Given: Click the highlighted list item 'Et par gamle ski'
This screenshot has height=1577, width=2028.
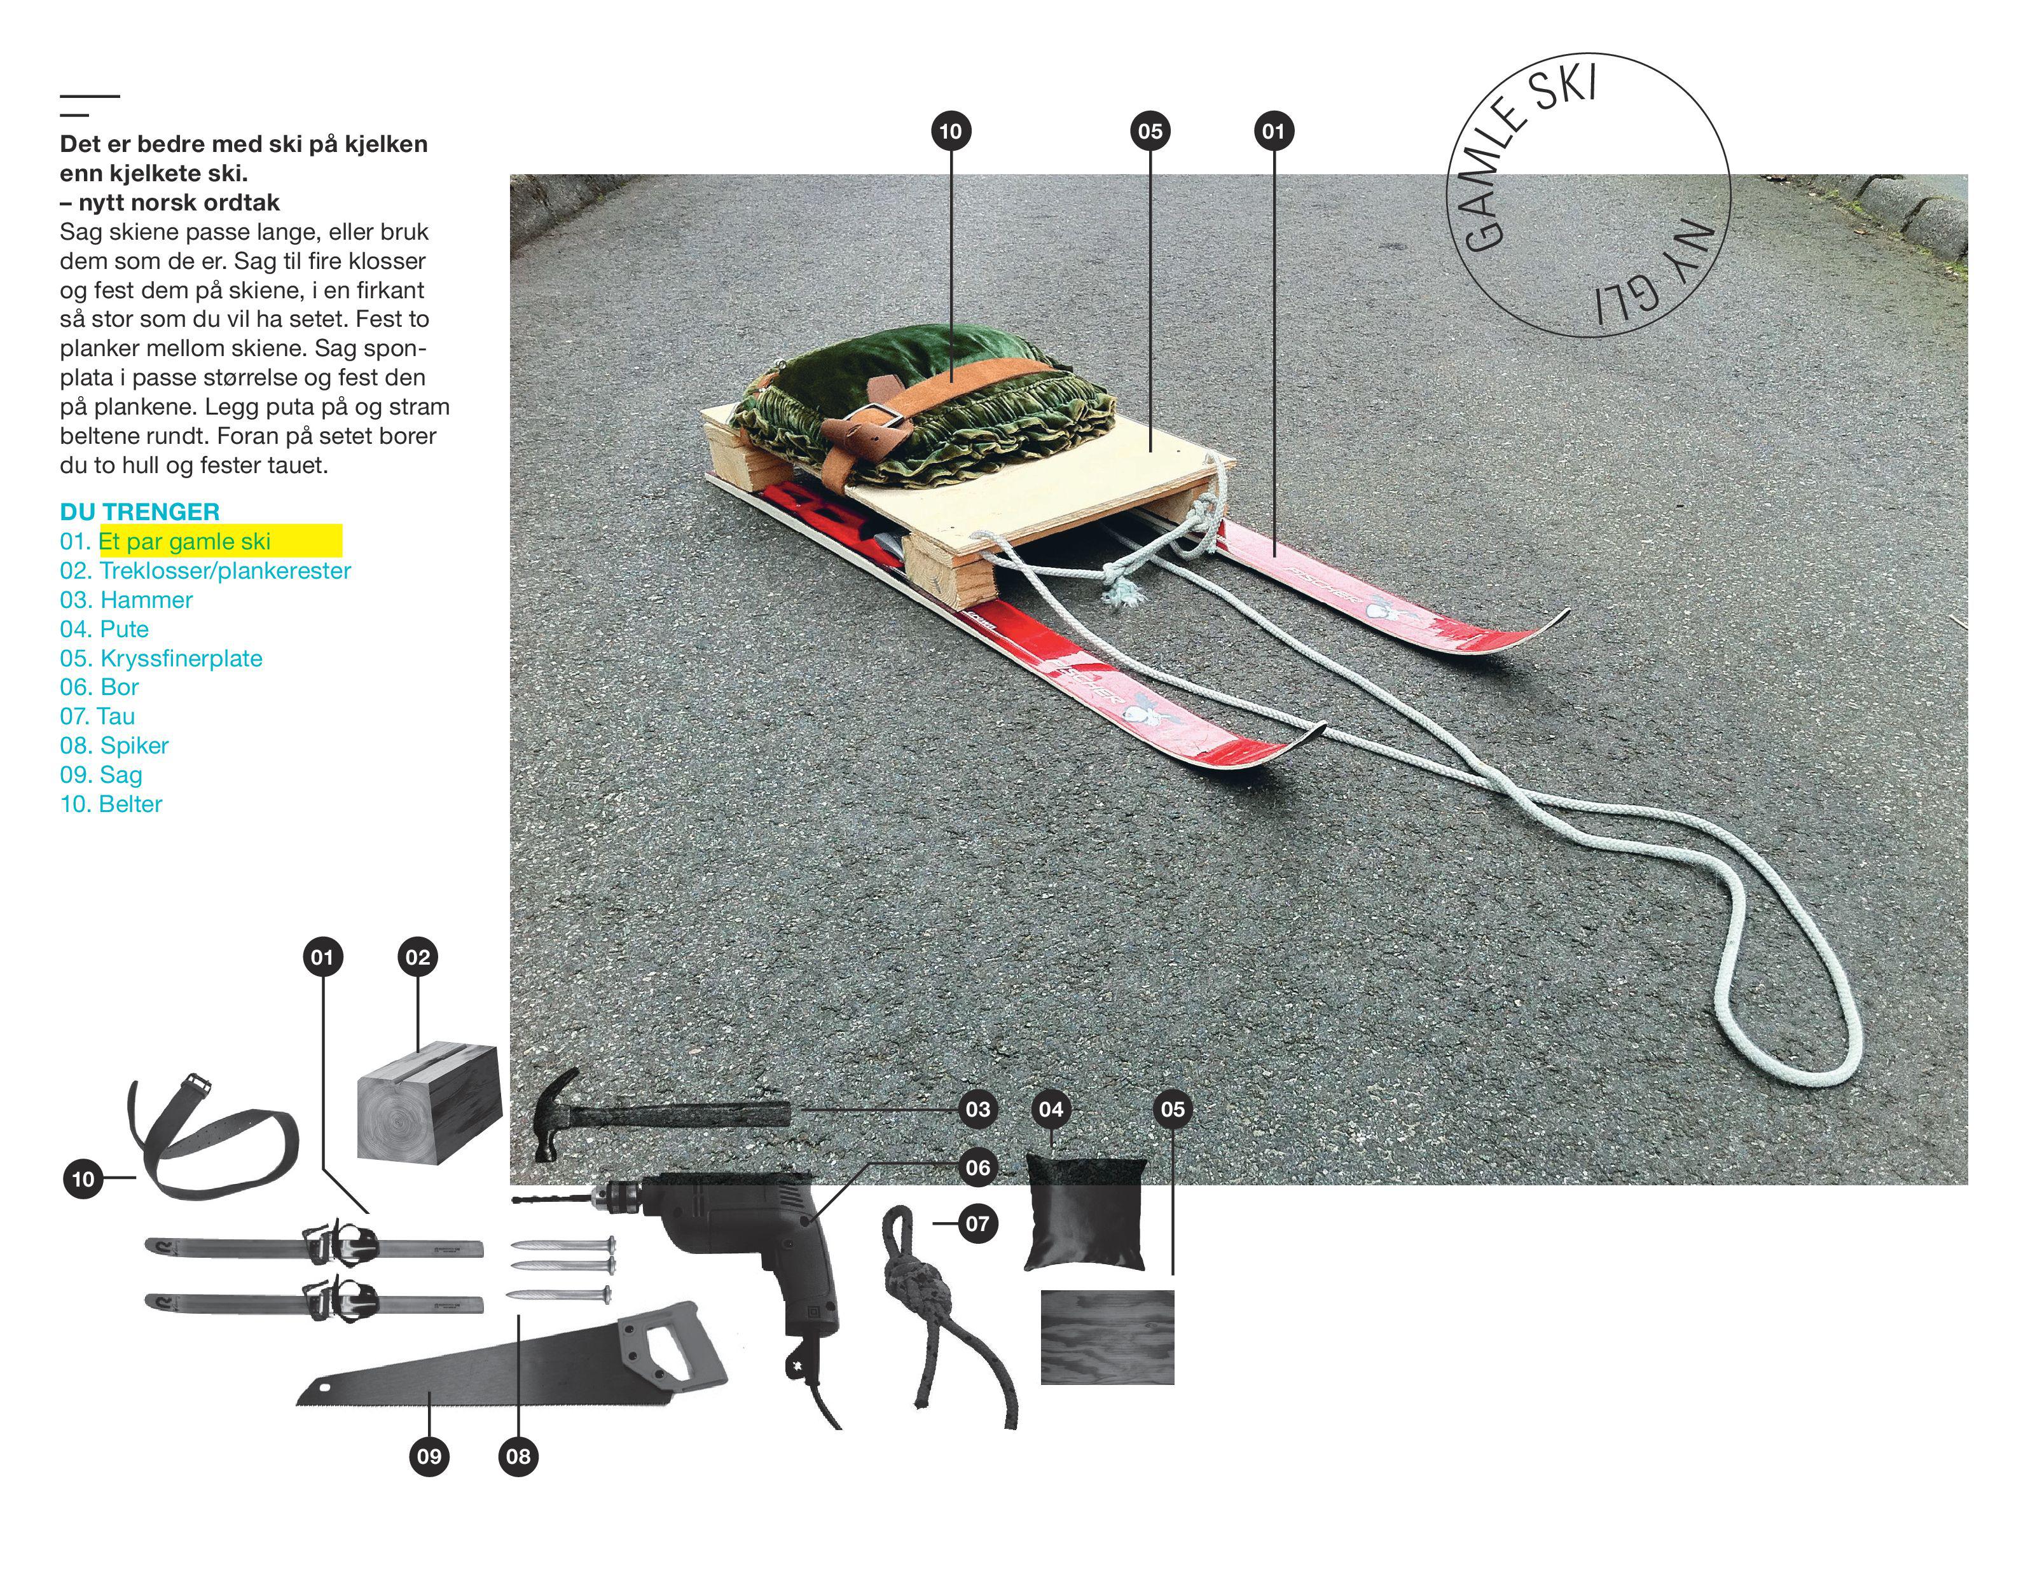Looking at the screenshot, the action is [185, 541].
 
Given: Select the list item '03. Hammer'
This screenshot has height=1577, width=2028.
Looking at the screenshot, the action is [127, 600].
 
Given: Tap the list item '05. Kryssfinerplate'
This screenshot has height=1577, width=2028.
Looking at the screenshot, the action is [162, 659].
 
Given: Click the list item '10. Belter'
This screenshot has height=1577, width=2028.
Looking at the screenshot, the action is [111, 804].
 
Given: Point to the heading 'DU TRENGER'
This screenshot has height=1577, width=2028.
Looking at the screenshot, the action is [140, 512].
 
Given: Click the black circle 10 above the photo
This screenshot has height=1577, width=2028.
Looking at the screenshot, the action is [951, 131].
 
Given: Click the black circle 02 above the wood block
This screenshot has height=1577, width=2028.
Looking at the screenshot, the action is [418, 958].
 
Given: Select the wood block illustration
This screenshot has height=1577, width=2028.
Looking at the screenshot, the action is [430, 1103].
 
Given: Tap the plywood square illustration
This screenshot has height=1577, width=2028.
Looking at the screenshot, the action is [1108, 1337].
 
